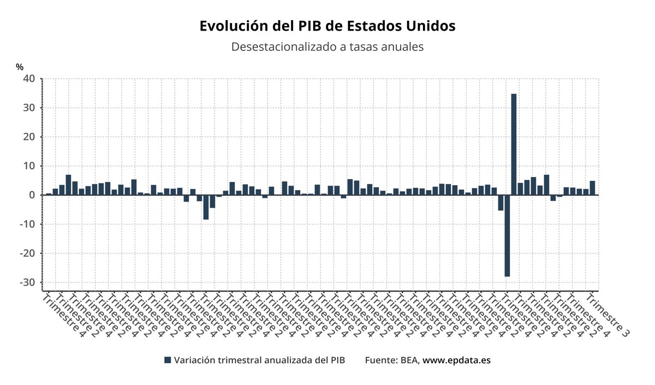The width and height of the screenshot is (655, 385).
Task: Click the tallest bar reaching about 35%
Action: coord(514,144)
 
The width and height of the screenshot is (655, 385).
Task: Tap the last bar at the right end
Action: coord(592,188)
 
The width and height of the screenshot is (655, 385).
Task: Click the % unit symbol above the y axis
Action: coord(20,67)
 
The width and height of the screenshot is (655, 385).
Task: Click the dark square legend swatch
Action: coord(168,360)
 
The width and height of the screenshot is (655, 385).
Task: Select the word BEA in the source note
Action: coord(408,360)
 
